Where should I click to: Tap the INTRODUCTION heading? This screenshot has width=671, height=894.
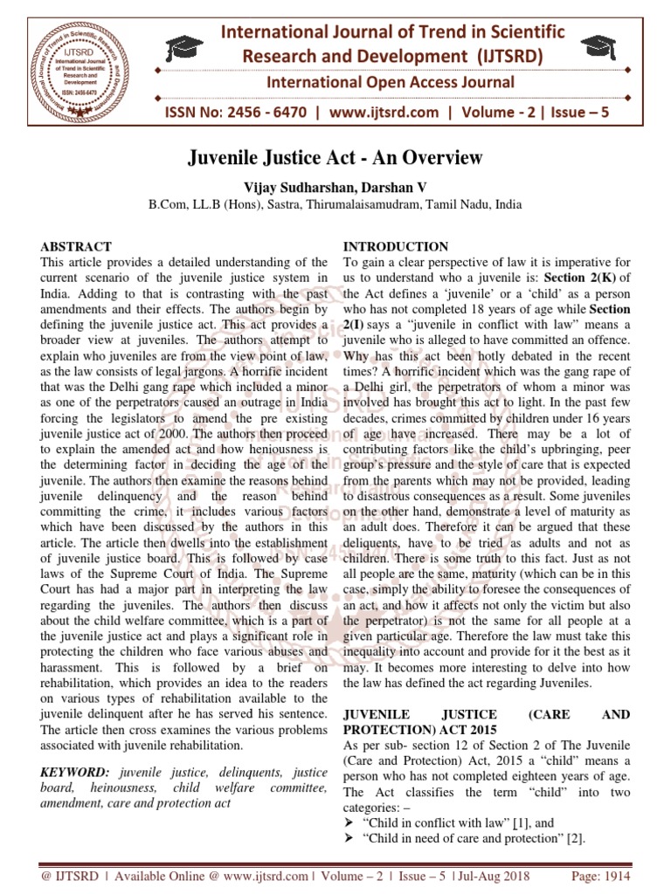click(396, 247)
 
